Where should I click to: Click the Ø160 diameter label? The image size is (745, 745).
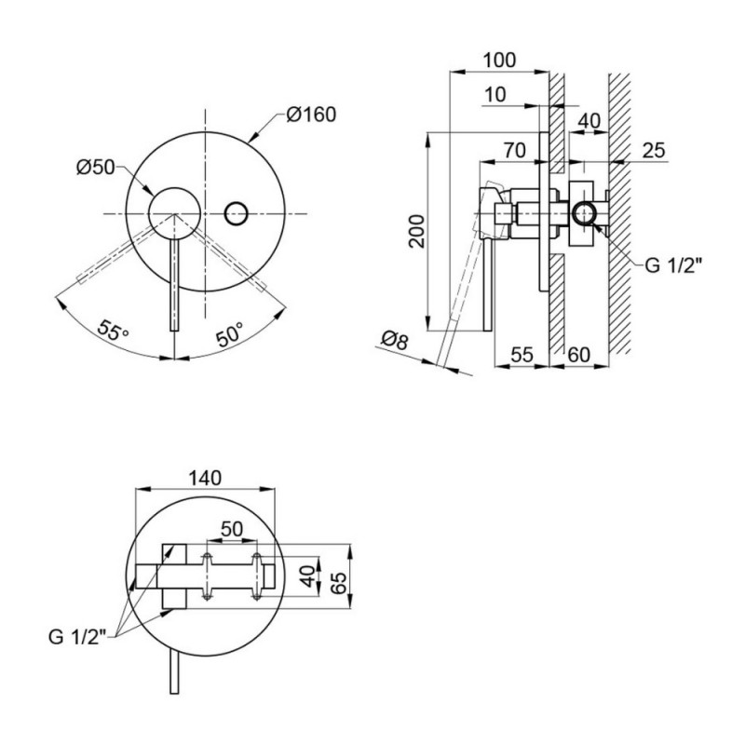click(x=311, y=115)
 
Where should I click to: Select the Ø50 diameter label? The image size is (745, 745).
click(x=96, y=168)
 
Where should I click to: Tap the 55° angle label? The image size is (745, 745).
click(x=113, y=330)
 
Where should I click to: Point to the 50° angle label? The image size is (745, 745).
click(x=230, y=333)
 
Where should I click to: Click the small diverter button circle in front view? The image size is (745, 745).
click(x=236, y=214)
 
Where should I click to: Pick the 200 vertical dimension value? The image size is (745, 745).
click(x=417, y=231)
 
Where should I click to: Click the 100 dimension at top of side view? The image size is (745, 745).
click(x=499, y=61)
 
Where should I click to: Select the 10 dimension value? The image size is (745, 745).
click(x=495, y=95)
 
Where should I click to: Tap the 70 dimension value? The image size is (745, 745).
click(x=515, y=150)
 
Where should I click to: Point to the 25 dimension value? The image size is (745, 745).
click(x=654, y=151)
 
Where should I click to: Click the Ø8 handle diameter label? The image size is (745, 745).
click(x=394, y=340)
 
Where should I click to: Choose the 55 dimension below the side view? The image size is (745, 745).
click(x=521, y=355)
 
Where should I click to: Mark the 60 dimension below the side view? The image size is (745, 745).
click(x=578, y=355)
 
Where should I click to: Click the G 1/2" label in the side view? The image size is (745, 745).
click(x=672, y=265)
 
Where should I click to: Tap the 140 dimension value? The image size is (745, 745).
click(x=205, y=478)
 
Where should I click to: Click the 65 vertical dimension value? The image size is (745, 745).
click(x=339, y=584)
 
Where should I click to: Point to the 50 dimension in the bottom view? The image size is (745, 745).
click(x=232, y=529)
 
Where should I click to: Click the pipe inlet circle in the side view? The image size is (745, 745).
click(x=585, y=214)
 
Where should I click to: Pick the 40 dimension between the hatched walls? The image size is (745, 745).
click(x=589, y=121)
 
